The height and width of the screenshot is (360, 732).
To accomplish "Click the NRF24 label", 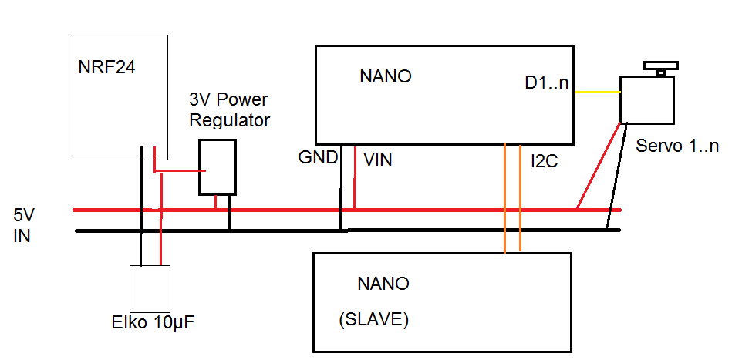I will [106, 68].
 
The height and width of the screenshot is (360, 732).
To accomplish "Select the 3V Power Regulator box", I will [218, 167].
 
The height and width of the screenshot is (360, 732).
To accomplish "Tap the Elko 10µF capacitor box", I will [150, 288].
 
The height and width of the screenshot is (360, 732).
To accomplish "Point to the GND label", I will [318, 158].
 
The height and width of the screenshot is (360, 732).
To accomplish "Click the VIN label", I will [378, 160].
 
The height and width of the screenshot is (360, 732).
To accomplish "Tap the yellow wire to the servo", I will [597, 93].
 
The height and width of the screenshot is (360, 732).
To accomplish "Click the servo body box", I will [647, 99].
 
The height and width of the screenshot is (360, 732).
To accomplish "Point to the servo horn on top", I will [660, 67].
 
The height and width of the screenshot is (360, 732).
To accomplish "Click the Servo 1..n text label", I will [677, 146].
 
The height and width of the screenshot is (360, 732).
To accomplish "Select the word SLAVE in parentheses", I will [373, 319].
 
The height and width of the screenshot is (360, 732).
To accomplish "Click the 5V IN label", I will [22, 225].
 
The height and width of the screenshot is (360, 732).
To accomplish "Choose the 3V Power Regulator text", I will [230, 110].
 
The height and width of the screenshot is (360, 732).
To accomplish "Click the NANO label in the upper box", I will [386, 77].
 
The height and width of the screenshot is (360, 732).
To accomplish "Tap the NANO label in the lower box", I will [383, 284].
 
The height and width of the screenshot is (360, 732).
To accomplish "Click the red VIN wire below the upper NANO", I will [355, 177].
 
